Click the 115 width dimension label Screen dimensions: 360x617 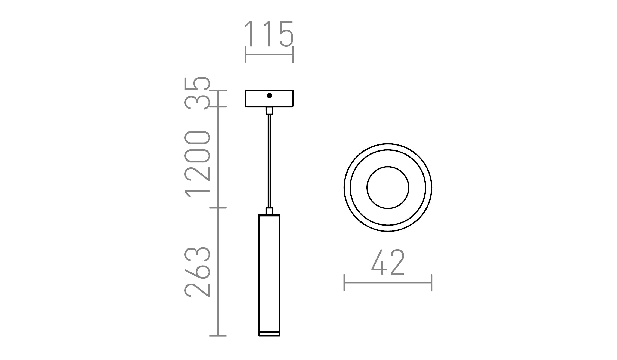269,34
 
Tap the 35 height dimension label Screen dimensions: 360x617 197,93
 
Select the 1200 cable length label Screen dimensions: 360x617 197,163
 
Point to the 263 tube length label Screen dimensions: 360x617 197,272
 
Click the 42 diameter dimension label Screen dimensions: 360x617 388,262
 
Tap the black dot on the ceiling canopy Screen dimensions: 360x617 269,96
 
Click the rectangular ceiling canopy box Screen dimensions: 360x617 256,99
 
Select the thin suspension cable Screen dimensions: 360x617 269,161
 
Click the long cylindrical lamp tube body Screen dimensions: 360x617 269,272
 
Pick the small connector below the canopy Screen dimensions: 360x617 269,111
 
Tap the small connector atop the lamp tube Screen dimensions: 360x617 269,211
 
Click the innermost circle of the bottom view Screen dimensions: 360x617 388,187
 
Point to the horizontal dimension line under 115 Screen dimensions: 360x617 269,54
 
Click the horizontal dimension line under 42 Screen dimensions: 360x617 388,283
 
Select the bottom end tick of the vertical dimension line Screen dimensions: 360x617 218,336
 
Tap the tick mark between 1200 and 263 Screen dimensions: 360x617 218,208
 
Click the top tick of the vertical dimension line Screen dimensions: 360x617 218,90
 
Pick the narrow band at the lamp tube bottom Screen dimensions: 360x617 269,334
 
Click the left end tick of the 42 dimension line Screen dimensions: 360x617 344,283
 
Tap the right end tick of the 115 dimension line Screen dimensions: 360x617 293,54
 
